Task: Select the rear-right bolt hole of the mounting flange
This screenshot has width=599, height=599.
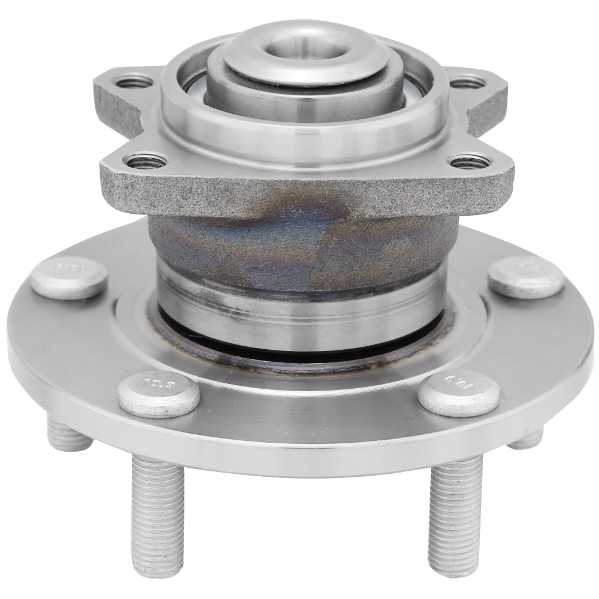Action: click(468, 81)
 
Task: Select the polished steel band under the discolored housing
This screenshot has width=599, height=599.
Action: click(299, 305)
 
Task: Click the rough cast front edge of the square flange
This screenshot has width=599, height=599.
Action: click(299, 192)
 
